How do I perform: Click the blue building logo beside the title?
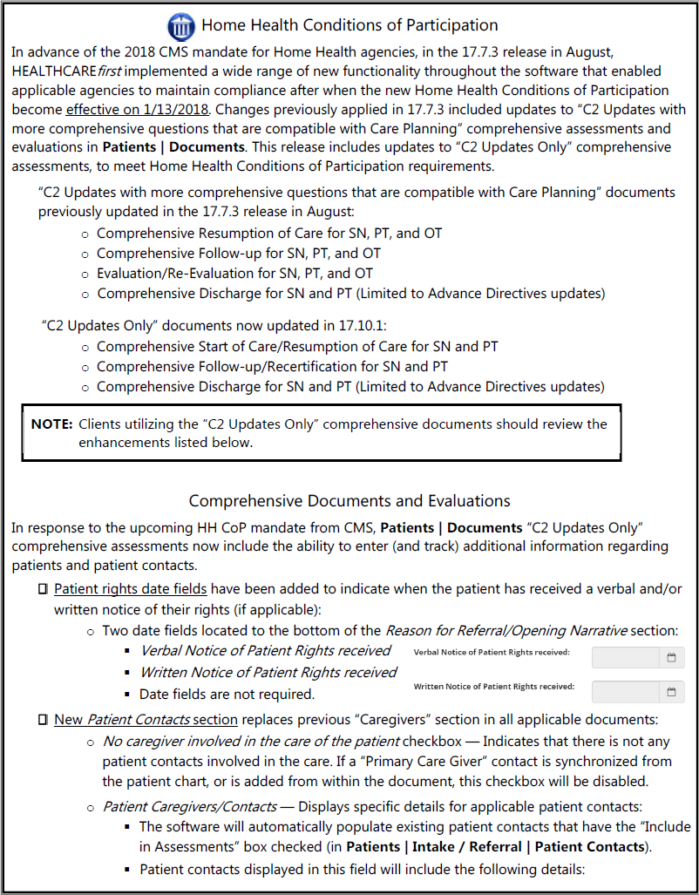pos(182,25)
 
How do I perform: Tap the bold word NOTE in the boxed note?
pos(51,424)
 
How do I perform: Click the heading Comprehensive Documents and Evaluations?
pos(349,501)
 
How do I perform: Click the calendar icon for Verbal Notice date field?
pos(671,658)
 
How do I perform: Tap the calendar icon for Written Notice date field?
pos(671,692)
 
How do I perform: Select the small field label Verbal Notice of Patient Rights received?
pos(492,653)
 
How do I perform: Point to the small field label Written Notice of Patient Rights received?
pos(493,687)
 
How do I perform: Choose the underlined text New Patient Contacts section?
pos(146,720)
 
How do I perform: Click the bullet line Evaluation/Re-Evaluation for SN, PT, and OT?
pos(234,274)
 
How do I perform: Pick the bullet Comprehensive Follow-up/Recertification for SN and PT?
pos(272,367)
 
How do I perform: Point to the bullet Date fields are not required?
pos(227,695)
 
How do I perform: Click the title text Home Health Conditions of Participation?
pos(349,25)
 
